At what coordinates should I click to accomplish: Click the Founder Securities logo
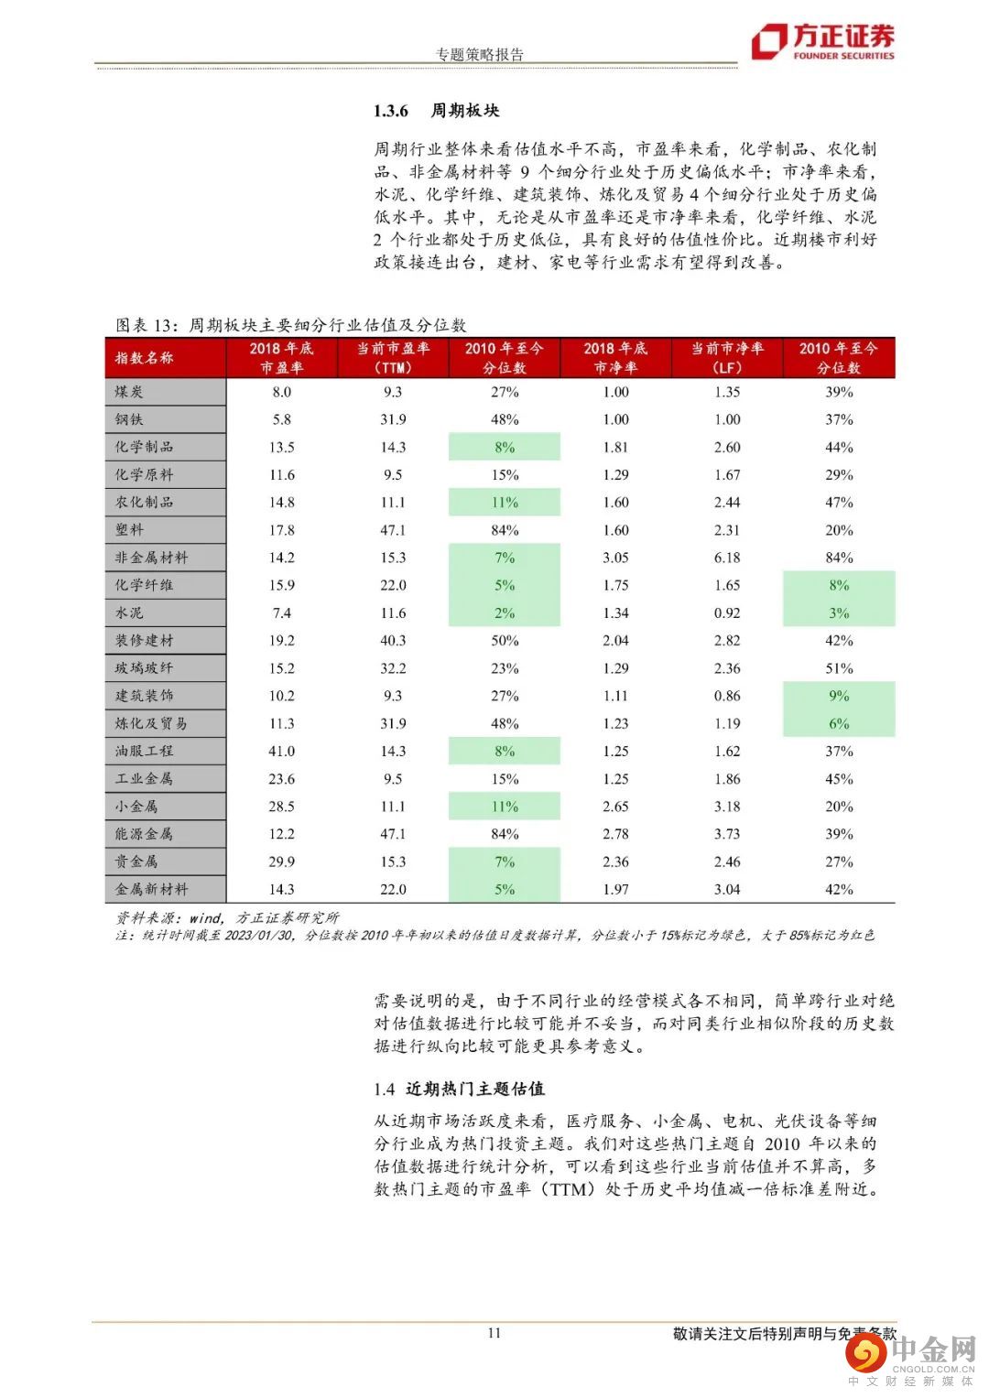822,42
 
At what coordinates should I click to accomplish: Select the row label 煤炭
129,392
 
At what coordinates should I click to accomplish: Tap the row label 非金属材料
151,558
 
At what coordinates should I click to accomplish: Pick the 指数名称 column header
145,358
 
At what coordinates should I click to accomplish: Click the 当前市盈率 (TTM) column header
393,358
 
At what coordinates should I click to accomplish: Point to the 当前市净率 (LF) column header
727,358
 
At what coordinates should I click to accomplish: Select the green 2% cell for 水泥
505,613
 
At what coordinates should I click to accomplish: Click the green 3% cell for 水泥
839,613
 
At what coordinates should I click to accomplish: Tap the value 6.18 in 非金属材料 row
727,558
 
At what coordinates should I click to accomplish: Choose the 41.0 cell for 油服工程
281,752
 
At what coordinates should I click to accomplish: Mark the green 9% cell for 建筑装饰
839,696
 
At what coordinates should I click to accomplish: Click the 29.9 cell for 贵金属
281,862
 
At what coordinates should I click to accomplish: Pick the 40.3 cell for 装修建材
393,641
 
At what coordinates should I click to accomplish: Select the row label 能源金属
144,834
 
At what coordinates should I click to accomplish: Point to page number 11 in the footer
494,1333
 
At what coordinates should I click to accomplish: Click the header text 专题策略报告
480,54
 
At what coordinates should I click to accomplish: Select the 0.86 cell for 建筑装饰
727,696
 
